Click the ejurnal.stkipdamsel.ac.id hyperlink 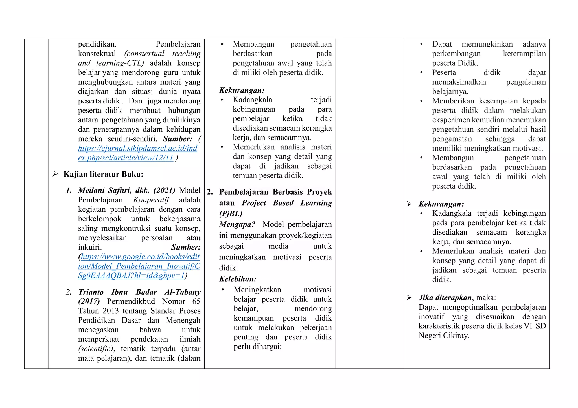[x=137, y=149]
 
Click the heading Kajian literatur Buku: [x=103, y=174]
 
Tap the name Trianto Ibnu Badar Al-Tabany [x=139, y=292]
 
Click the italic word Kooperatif [x=151, y=200]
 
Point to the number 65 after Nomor [x=196, y=301]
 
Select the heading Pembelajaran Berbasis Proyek [x=275, y=192]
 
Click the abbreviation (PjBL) [x=231, y=213]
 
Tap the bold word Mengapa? [x=237, y=224]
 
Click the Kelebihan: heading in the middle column [x=238, y=279]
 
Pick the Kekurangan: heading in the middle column [x=242, y=91]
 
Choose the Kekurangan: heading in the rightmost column [x=441, y=204]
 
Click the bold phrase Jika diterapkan [x=445, y=298]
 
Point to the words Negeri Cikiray [x=444, y=336]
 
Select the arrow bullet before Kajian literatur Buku [x=55, y=174]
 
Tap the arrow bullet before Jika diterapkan [x=409, y=298]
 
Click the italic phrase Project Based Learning [x=287, y=203]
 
